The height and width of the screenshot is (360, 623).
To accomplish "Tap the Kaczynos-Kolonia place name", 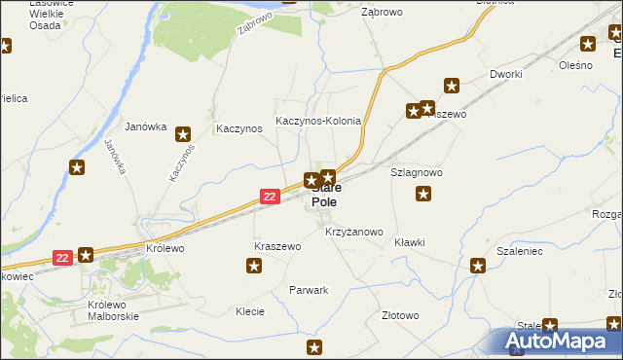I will [x=318, y=122].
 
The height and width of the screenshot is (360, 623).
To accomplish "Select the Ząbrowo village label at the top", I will [x=383, y=13].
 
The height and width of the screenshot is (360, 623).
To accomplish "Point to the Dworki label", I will [x=507, y=74].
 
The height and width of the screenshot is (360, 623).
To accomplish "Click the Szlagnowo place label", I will [x=417, y=171].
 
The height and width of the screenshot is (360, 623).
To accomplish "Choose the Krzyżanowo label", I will [x=354, y=233].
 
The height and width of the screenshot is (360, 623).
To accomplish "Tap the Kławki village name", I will [x=410, y=242].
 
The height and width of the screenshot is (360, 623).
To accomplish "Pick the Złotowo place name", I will [x=400, y=315].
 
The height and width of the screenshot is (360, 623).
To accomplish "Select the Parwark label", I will [x=309, y=290].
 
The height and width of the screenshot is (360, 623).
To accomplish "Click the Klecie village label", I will [x=251, y=312].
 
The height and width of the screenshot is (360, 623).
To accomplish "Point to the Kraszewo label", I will [x=277, y=247].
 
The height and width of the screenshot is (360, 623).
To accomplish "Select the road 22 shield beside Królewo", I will [x=62, y=258].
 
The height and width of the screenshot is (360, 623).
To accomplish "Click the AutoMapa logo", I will [x=561, y=342].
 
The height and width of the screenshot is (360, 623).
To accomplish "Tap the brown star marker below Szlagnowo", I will [x=423, y=195].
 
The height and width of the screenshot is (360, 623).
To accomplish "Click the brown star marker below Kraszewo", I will [x=255, y=267].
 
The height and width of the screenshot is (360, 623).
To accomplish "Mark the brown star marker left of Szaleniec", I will [x=478, y=266].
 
